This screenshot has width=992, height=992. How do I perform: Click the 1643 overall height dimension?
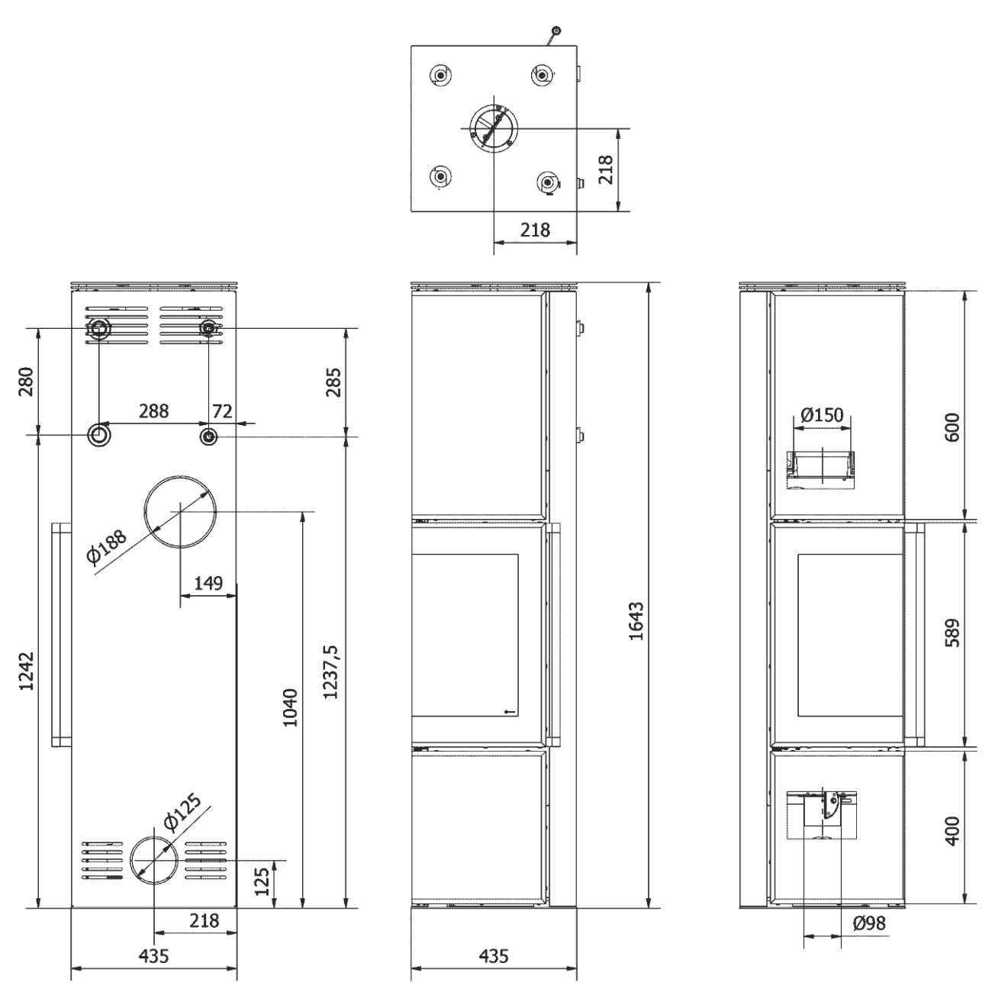pyautogui.click(x=636, y=620)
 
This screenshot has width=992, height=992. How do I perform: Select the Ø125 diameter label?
pyautogui.click(x=182, y=813)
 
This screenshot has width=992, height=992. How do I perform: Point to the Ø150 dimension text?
pyautogui.click(x=822, y=415)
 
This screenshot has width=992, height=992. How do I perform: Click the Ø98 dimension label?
pyautogui.click(x=869, y=923)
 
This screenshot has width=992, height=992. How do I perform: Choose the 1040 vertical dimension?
pyautogui.click(x=290, y=707)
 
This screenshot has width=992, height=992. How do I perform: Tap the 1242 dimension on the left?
pyautogui.click(x=26, y=672)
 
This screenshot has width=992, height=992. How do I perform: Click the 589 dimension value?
pyautogui.click(x=952, y=633)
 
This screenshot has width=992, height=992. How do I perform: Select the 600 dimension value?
pyautogui.click(x=952, y=427)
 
